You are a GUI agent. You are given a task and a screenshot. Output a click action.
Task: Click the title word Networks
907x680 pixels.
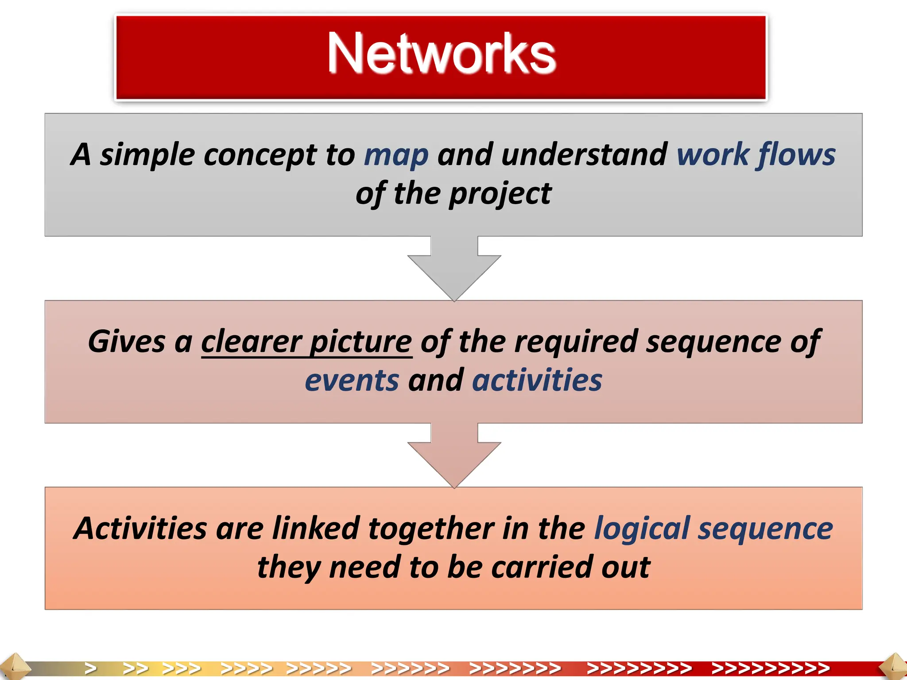441,54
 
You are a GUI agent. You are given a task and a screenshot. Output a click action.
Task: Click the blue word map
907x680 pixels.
396,156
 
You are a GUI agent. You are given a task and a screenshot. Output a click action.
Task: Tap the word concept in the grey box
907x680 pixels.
260,156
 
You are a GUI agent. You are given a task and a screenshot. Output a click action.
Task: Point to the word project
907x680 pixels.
500,195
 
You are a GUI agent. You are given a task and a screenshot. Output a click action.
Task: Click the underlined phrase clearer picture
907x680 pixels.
306,342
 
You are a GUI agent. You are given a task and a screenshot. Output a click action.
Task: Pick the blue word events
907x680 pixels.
352,381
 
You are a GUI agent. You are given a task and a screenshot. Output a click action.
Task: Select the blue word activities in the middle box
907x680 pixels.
537,381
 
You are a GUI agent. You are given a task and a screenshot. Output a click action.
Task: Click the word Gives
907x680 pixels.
127,342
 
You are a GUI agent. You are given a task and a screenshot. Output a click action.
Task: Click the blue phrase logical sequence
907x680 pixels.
713,529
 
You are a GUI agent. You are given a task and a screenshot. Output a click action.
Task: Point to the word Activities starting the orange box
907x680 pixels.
140,529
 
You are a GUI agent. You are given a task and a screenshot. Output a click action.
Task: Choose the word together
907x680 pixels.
431,529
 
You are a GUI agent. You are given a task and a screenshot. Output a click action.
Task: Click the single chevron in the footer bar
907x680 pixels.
91,668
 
